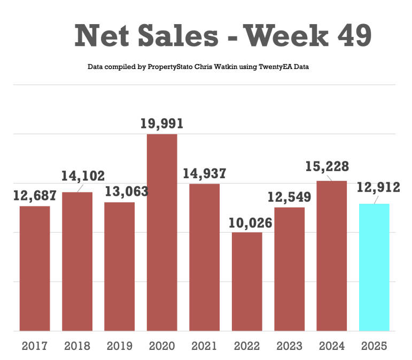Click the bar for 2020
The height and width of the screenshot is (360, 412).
coord(162,232)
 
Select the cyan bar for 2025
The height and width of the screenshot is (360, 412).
coord(374,267)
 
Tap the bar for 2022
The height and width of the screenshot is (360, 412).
coord(247,281)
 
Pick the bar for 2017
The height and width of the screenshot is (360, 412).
coord(35,268)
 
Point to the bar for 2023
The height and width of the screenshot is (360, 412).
coord(289,269)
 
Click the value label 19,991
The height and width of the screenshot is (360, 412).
coord(162,124)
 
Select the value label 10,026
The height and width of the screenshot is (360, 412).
coord(247,223)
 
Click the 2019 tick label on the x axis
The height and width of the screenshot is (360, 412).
coord(120,346)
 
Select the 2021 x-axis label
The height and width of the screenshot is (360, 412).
coord(204,346)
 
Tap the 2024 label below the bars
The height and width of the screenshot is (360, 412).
coord(332,346)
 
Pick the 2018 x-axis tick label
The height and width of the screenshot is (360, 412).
coord(77,346)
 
